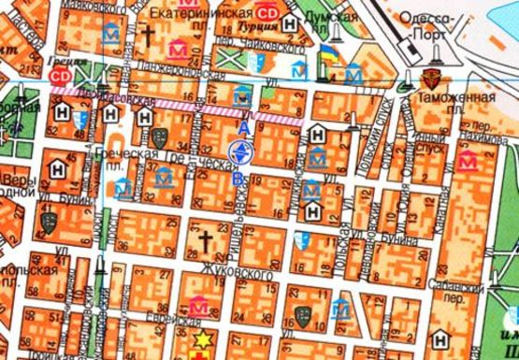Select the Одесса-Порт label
click(x=426, y=18)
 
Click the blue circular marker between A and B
click(x=240, y=152)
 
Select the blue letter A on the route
click(x=244, y=125)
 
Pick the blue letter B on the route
click(x=238, y=178)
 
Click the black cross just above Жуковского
click(x=205, y=241)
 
